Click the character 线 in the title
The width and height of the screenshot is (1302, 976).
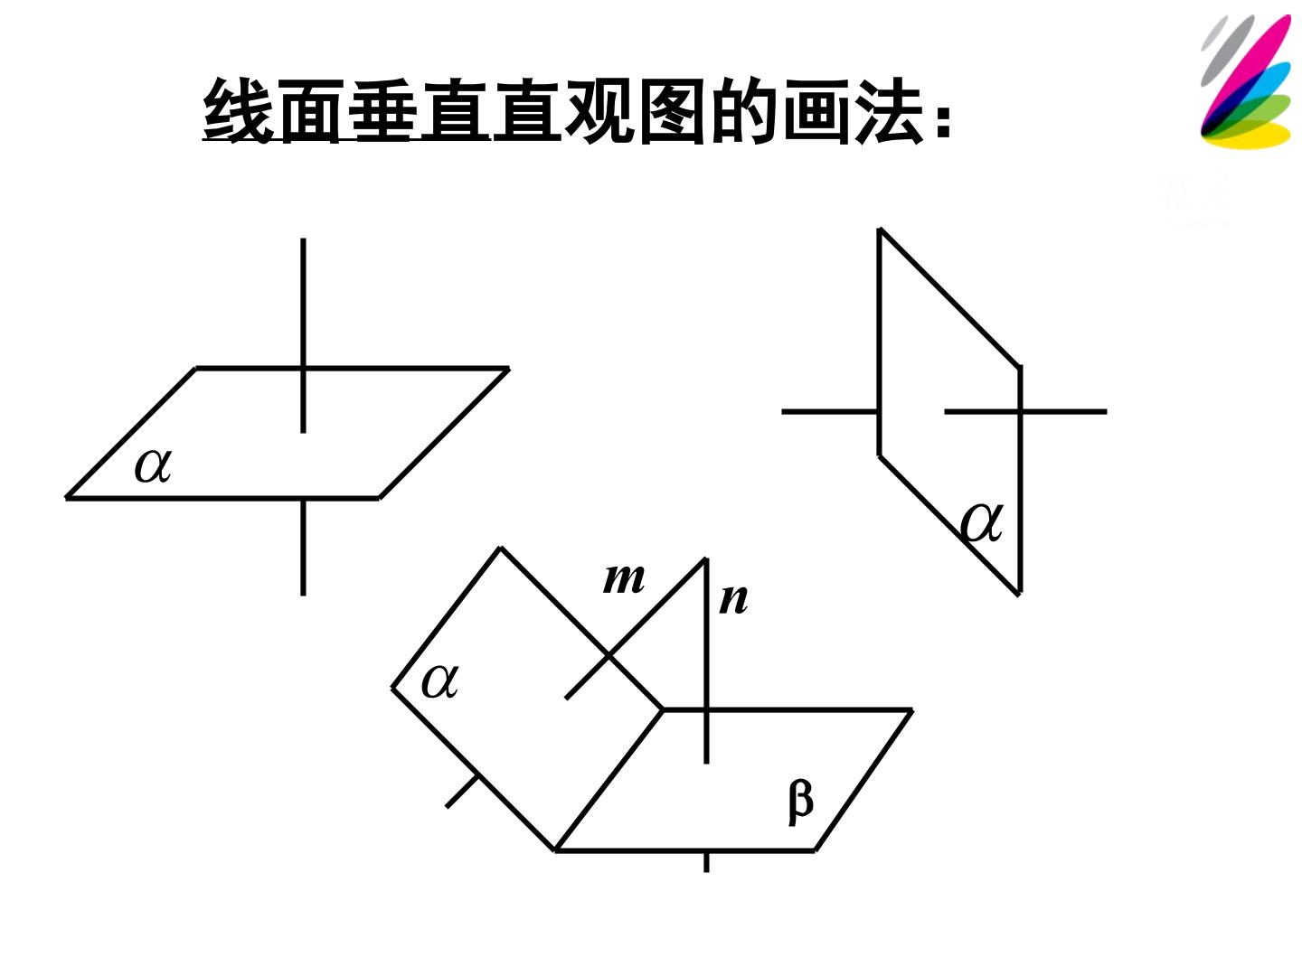[237, 111]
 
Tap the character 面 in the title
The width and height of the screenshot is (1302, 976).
[309, 111]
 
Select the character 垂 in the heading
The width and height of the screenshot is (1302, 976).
[381, 111]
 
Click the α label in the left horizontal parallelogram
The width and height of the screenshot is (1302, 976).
[153, 465]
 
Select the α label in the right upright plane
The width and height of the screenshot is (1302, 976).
[981, 522]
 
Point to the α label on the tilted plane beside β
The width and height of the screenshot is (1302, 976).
[439, 681]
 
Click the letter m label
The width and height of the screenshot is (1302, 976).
[623, 579]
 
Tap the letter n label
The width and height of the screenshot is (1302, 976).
[733, 600]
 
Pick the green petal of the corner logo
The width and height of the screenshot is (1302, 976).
[1251, 113]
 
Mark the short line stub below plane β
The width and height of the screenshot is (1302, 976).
[706, 862]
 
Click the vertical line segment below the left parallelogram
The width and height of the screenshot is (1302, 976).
[303, 548]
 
